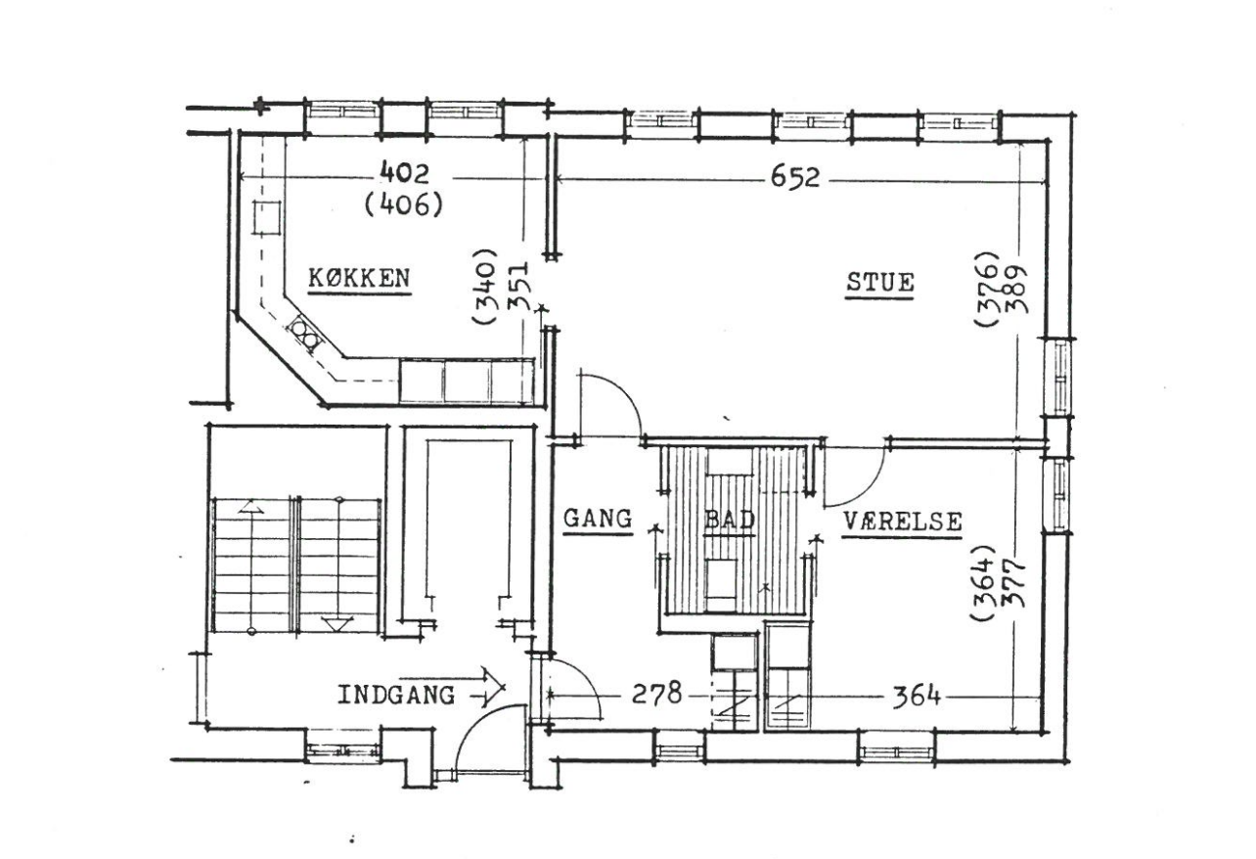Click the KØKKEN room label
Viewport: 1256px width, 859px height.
359,279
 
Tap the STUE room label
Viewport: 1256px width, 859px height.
880,282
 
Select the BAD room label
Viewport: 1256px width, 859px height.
730,520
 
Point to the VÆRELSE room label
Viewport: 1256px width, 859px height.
902,522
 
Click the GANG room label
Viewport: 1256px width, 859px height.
598,519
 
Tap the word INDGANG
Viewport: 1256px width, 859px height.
396,696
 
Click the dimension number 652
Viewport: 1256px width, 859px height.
795,178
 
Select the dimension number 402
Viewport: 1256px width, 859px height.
404,173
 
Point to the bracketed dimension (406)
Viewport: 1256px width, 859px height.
404,204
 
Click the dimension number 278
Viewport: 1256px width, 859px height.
656,694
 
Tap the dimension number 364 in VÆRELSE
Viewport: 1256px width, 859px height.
916,697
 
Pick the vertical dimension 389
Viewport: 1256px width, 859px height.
1016,289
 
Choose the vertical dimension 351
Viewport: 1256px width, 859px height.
517,286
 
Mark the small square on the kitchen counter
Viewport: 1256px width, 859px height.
266,217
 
